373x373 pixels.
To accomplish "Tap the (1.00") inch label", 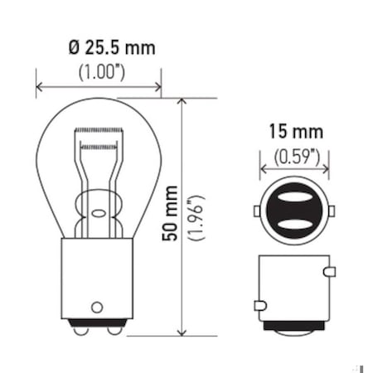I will [101, 72].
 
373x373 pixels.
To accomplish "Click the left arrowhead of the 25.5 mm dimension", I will [39, 85].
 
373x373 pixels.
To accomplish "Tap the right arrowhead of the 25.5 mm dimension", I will [157, 85].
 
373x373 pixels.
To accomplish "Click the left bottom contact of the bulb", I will [81, 330].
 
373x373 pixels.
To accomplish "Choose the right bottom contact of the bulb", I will [115, 330].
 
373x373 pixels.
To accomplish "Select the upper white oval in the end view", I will [294, 200].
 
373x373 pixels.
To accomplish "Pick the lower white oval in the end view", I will [294, 224].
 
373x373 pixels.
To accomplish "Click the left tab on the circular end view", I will [258, 211].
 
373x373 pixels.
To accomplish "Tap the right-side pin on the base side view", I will [330, 272].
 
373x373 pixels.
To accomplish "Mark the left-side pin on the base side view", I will [259, 306].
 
